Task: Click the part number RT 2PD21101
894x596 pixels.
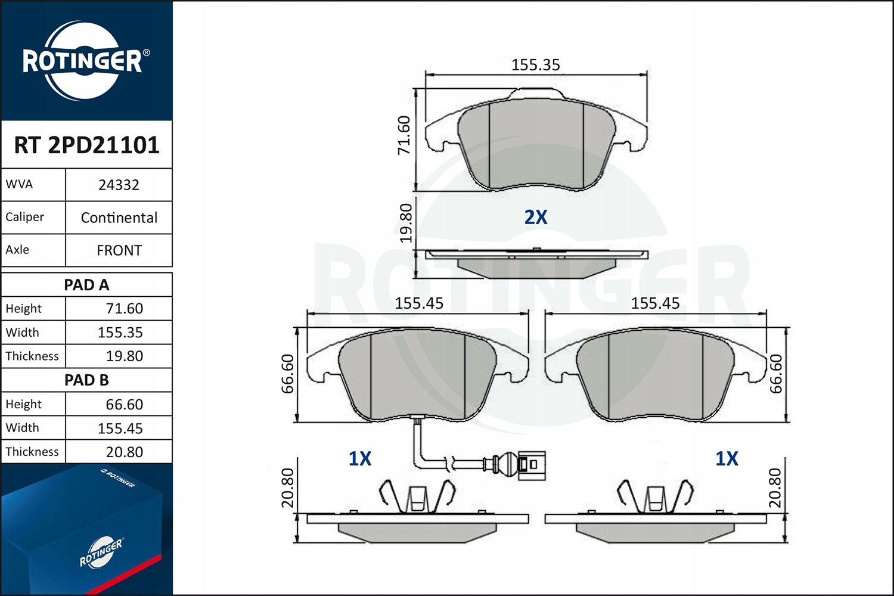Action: tap(86, 145)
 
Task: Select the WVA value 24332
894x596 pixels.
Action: tap(119, 185)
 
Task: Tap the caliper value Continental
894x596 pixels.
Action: tap(119, 218)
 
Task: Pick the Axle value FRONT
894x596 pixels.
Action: tap(119, 250)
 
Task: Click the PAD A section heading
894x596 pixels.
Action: tap(86, 285)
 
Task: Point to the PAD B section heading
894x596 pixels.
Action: tap(86, 380)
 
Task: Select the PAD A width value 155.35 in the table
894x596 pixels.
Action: tap(120, 333)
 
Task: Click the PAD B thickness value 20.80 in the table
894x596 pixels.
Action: tap(124, 452)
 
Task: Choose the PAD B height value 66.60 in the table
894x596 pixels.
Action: tap(124, 405)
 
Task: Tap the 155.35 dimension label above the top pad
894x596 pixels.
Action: tap(535, 65)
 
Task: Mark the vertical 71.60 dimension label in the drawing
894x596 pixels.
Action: tap(404, 135)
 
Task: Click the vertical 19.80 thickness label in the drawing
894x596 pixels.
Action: tap(406, 223)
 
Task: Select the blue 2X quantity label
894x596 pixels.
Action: tap(535, 218)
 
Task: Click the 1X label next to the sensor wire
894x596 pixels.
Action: tap(359, 458)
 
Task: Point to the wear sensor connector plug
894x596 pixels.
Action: tap(530, 464)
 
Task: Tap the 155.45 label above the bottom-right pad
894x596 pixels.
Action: tap(655, 303)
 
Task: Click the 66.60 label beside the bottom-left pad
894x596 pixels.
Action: tap(288, 374)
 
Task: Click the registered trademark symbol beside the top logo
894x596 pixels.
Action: tap(147, 52)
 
